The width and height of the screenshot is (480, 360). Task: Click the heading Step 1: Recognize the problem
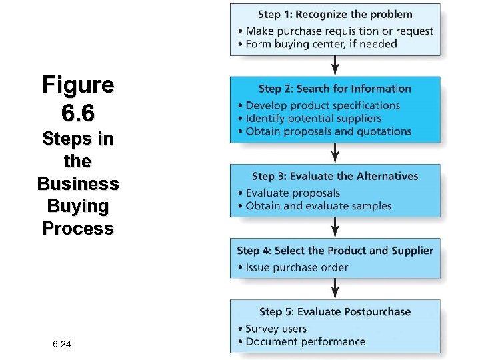pyautogui.click(x=335, y=14)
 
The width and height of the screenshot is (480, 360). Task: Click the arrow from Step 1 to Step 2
pyautogui.click(x=335, y=65)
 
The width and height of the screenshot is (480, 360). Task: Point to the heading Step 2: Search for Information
pyautogui.click(x=335, y=89)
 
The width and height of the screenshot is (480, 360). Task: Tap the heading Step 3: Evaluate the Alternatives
pyautogui.click(x=335, y=177)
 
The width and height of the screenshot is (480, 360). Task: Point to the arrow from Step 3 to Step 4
pyautogui.click(x=335, y=227)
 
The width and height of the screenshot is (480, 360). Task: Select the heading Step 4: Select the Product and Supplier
pyautogui.click(x=335, y=251)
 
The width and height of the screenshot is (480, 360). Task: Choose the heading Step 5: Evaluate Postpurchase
pyautogui.click(x=335, y=312)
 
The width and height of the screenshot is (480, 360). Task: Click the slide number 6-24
pyautogui.click(x=61, y=344)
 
